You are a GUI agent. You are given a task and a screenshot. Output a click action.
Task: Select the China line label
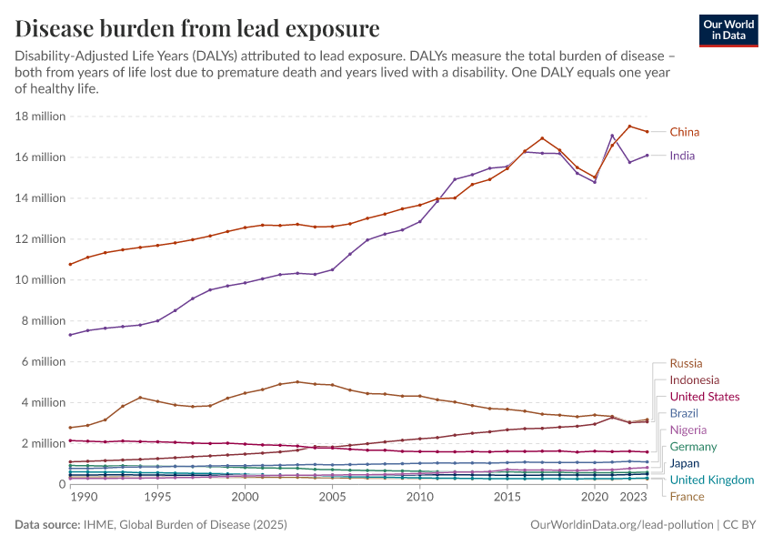coord(685,132)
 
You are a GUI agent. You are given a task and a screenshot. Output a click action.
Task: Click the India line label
coord(682,156)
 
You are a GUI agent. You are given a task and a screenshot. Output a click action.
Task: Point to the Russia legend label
coord(686,364)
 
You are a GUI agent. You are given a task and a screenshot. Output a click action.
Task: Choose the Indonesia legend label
coord(694,380)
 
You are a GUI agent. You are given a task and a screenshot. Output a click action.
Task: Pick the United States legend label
coord(704,397)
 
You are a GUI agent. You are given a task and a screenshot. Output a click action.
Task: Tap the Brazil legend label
coord(684,413)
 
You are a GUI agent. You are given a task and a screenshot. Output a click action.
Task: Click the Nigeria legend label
coord(688,430)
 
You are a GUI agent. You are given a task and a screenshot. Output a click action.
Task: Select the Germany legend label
coord(693,447)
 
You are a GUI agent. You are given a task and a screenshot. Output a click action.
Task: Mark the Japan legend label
coord(685,463)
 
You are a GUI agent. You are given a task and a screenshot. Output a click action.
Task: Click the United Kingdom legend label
coord(711,480)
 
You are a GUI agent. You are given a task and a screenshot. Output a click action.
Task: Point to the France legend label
coord(687,496)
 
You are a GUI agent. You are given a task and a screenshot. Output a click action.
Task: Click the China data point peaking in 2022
coord(629,126)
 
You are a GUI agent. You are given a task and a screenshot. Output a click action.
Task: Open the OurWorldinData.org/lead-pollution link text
coord(622,525)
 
